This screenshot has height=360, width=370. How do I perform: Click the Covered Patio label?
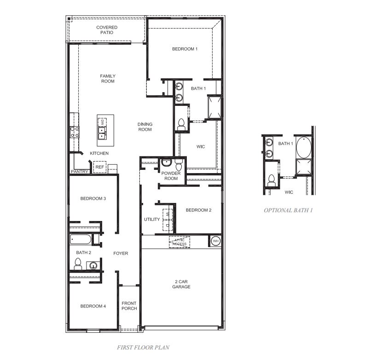(x=107, y=30)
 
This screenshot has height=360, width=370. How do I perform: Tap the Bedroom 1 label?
(x=185, y=49)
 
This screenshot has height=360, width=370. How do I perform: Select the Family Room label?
(x=108, y=79)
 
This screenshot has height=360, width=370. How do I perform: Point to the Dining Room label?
(x=145, y=127)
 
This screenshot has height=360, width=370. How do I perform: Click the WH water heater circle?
(x=215, y=241)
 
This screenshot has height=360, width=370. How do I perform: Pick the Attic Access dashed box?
(x=179, y=242)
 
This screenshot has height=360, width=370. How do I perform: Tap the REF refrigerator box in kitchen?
(x=99, y=167)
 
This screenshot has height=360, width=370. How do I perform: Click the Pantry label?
(x=79, y=172)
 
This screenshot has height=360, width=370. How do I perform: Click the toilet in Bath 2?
(x=78, y=264)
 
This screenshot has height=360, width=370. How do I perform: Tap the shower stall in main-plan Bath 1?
(x=214, y=107)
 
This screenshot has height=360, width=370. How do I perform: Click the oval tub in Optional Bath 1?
(x=303, y=147)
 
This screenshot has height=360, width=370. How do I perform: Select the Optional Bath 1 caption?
(x=288, y=210)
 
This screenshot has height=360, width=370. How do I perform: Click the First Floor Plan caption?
(x=143, y=347)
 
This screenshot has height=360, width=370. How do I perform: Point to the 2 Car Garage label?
(x=181, y=284)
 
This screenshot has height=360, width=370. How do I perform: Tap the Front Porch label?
(x=129, y=306)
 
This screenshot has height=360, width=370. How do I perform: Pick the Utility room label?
(x=152, y=219)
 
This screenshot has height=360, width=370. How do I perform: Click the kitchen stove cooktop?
(x=74, y=132)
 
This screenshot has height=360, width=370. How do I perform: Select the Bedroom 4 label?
(x=93, y=306)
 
